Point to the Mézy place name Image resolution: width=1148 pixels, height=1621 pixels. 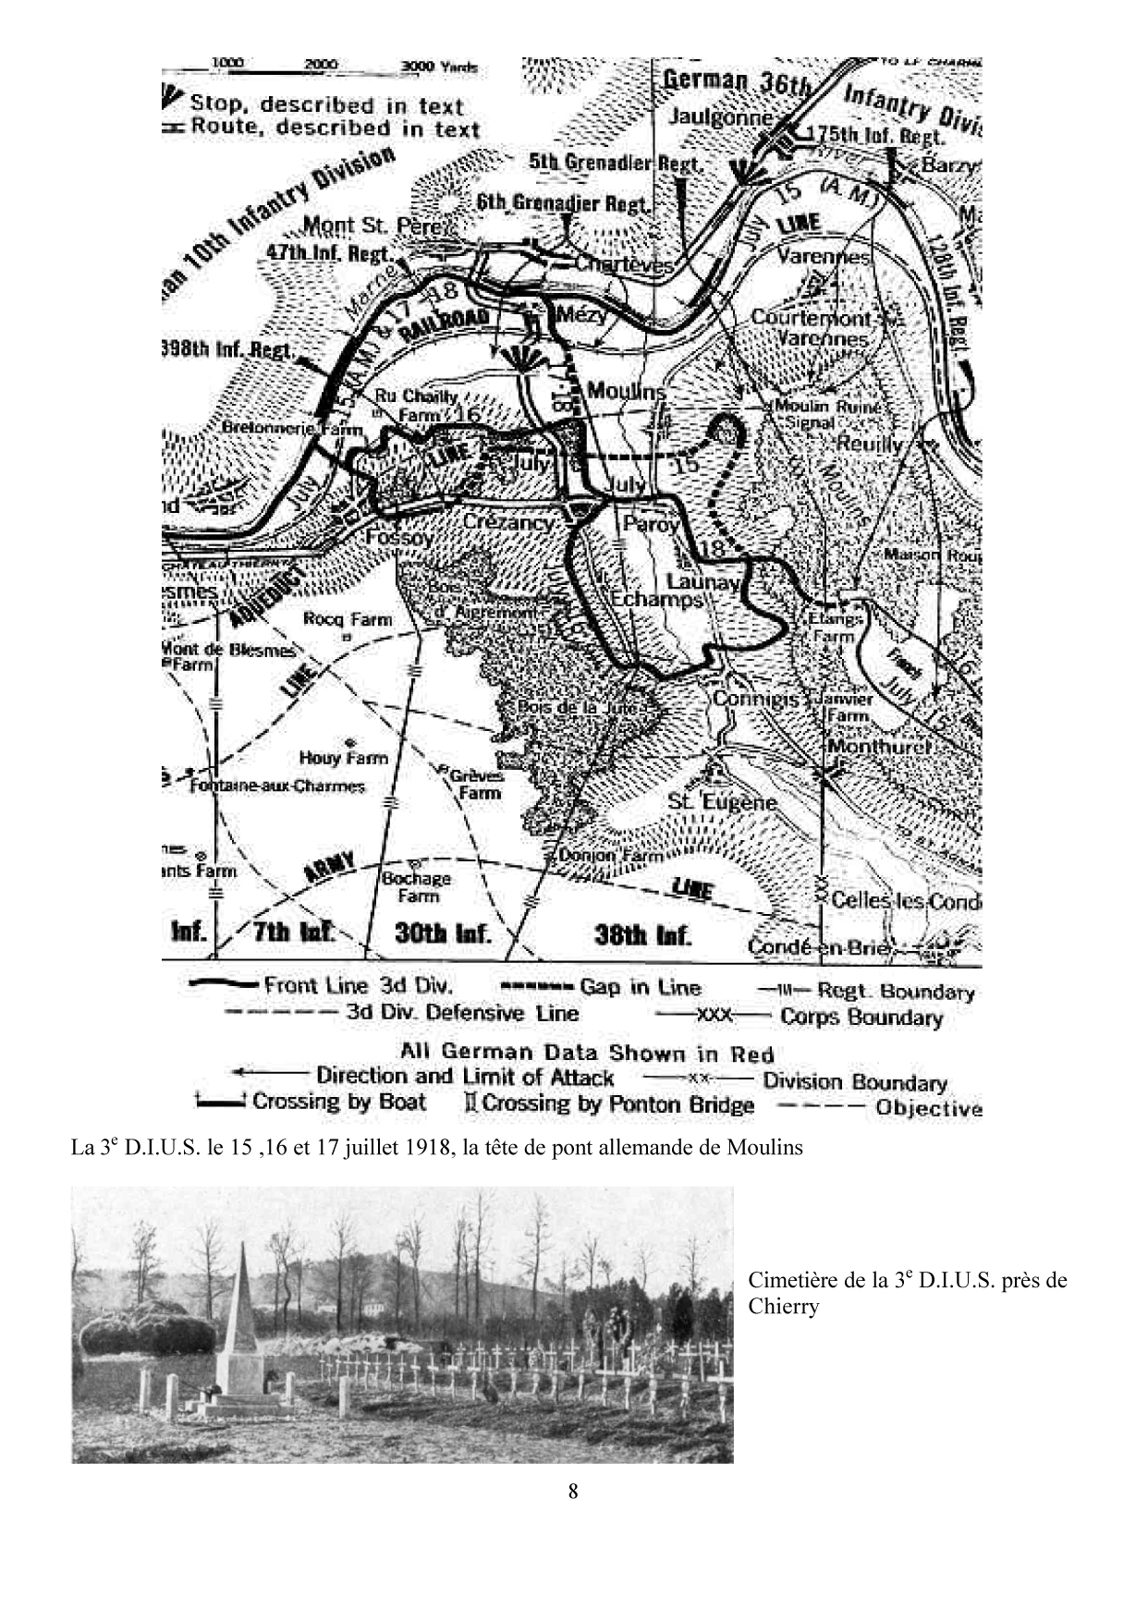582,314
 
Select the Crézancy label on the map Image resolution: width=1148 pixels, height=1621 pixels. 508,522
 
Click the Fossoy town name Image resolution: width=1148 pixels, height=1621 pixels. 399,537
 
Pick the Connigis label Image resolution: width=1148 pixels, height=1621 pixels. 755,699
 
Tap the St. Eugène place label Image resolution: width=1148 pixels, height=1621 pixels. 722,801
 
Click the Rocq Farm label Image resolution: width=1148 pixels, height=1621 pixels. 348,619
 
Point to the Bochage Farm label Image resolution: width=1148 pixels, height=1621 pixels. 418,886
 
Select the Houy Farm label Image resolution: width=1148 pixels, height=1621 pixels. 343,758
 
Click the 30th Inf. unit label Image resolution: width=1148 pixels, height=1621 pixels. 443,932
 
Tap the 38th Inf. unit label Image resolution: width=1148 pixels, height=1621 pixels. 642,934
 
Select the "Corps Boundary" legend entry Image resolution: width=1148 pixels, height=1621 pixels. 861,1018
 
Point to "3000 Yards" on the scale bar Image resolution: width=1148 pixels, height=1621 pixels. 439,67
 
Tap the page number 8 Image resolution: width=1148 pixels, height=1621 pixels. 573,1491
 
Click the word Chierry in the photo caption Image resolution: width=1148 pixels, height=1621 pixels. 783,1306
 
